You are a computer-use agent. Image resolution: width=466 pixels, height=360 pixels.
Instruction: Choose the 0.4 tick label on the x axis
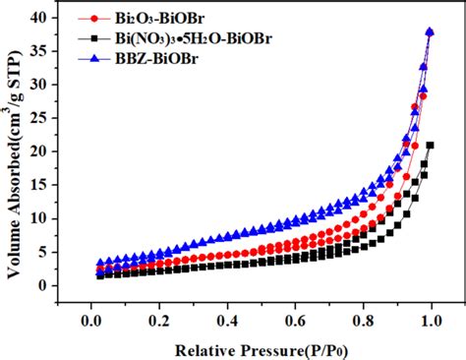pos(228,320)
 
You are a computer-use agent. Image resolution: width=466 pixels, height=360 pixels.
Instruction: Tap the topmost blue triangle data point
pos(430,31)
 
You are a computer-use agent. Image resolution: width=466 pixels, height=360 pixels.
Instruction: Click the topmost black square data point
pos(431,145)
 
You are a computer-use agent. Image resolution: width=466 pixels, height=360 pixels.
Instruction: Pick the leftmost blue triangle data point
pos(100,264)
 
